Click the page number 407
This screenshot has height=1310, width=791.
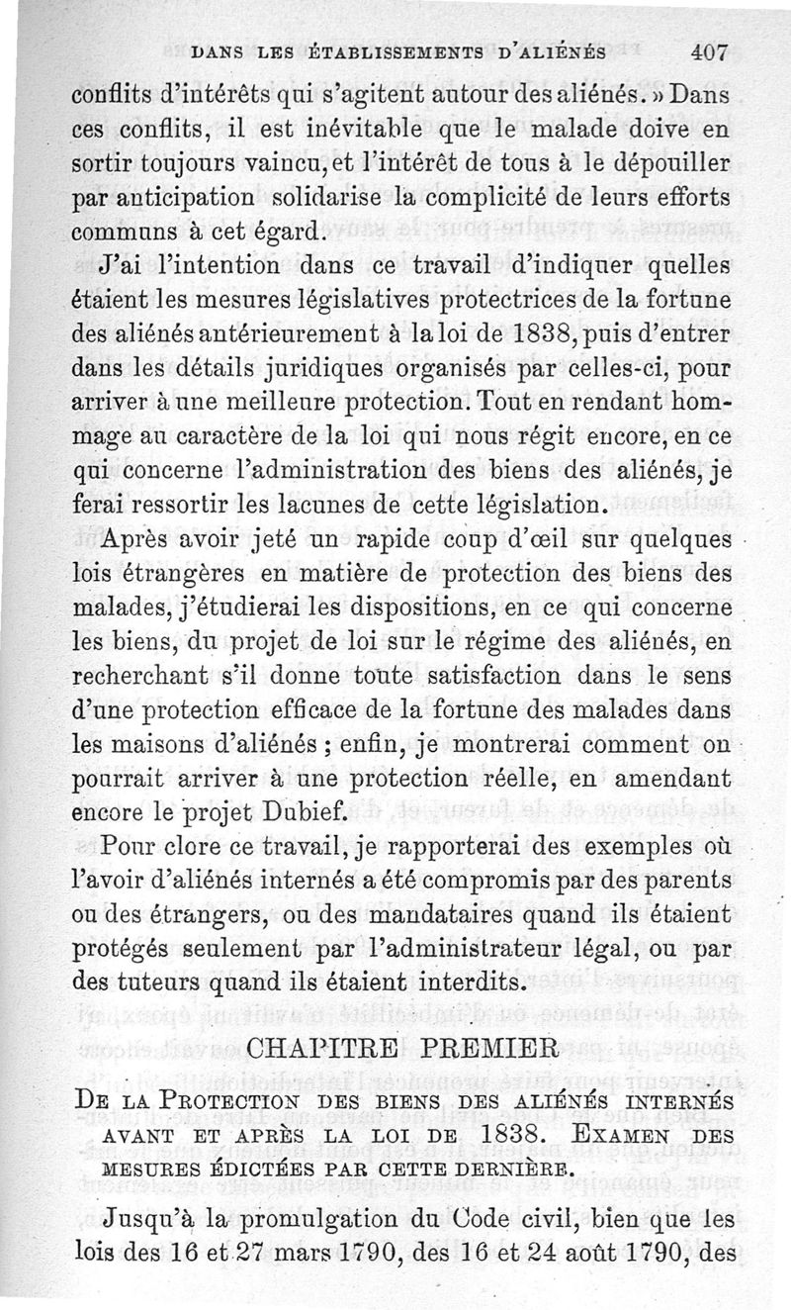tap(709, 54)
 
